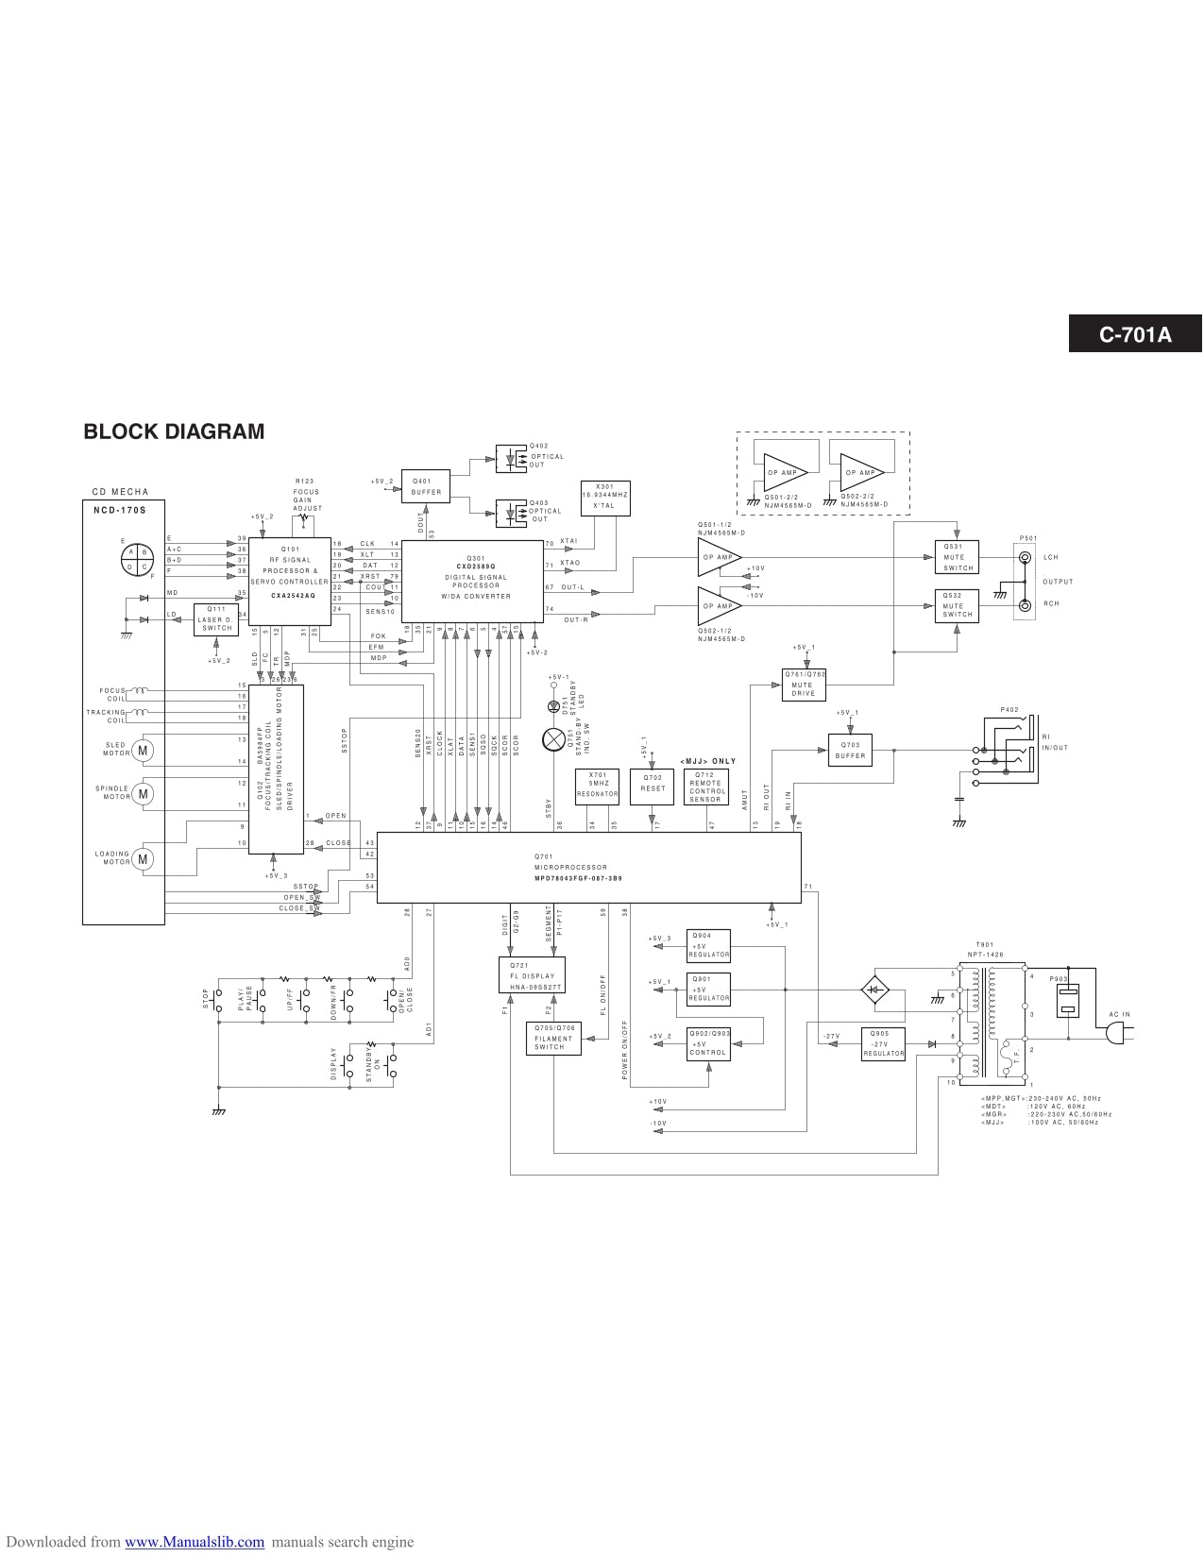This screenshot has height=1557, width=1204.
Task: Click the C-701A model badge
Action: pos(1134,334)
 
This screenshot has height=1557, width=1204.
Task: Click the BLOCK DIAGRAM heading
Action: pos(174,432)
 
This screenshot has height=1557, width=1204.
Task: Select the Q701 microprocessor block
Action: pos(588,868)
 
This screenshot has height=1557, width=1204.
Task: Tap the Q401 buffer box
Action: pos(426,485)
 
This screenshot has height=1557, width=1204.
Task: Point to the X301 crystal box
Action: pos(604,496)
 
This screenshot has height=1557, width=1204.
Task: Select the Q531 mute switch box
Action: pos(958,557)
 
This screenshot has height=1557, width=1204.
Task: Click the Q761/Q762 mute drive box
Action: pos(803,684)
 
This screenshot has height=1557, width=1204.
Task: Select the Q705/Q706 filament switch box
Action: pos(553,1039)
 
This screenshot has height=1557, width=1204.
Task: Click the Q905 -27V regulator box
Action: pos(883,1043)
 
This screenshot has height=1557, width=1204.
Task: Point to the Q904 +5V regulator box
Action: pos(709,944)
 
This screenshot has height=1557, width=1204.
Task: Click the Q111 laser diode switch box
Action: pos(215,619)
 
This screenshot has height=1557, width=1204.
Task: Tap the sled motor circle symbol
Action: pos(143,750)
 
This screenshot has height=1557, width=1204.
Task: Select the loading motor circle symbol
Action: pos(143,859)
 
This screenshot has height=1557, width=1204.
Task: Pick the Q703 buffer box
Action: pos(850,751)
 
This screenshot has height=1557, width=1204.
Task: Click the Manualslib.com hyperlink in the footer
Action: pos(195,1542)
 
